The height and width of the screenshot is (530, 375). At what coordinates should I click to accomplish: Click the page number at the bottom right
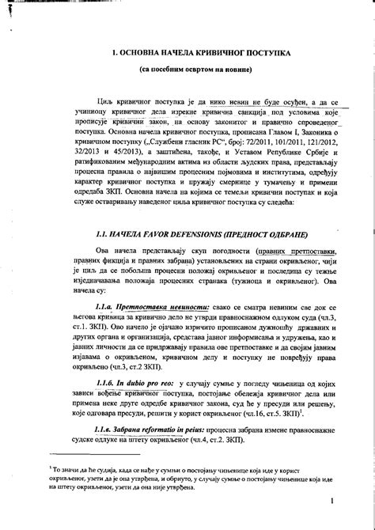335,500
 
